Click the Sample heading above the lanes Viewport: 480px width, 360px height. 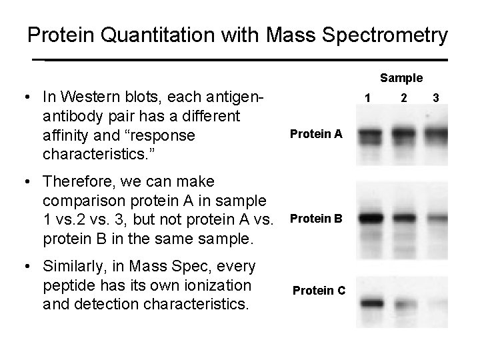pos(401,78)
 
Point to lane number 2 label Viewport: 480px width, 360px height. pos(403,99)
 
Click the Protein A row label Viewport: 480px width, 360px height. pos(316,134)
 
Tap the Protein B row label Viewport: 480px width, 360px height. pos(315,219)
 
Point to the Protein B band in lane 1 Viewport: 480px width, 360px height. pos(373,218)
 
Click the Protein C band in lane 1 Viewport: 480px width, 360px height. pos(373,303)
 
